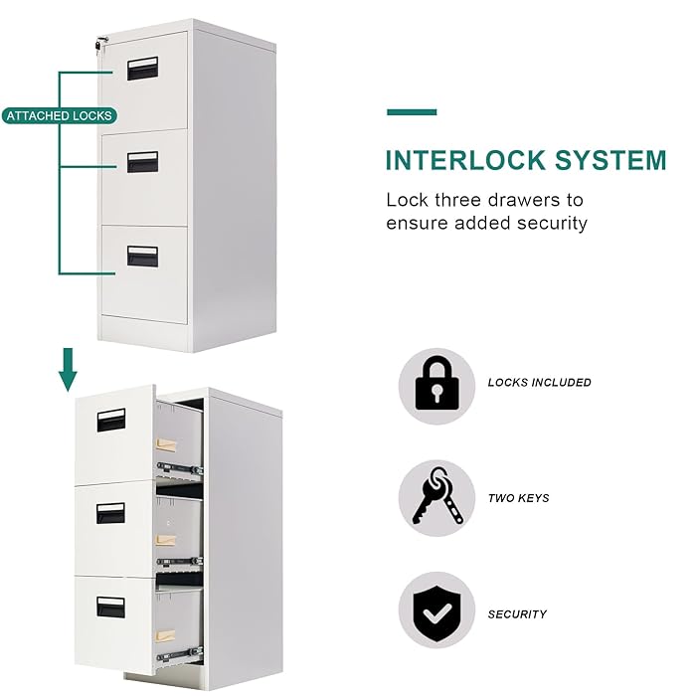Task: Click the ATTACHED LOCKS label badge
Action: click(x=58, y=116)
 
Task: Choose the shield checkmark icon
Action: click(x=436, y=613)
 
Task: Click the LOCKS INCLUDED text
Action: click(x=539, y=383)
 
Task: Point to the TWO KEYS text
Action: click(x=518, y=498)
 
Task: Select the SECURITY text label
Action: click(x=517, y=614)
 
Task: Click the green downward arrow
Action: click(x=68, y=368)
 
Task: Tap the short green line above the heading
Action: click(x=412, y=112)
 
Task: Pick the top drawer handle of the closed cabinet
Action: click(x=142, y=68)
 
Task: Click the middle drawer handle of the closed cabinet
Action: click(x=142, y=161)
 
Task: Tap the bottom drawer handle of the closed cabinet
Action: click(x=142, y=256)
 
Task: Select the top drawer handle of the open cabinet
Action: click(x=110, y=420)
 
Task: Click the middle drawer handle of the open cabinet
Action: click(x=110, y=513)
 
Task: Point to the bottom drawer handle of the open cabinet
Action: click(x=110, y=608)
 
